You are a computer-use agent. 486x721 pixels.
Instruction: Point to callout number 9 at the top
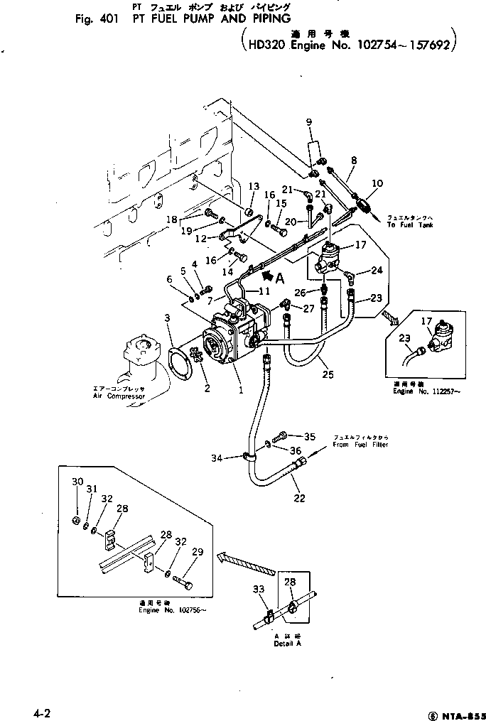[x=309, y=123]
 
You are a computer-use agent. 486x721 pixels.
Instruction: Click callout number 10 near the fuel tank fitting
[x=377, y=183]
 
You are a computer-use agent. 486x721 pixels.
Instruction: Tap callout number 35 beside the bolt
[x=309, y=436]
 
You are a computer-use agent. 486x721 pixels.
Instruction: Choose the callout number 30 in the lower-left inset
[x=77, y=482]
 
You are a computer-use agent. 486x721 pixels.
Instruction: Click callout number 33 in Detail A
[x=257, y=589]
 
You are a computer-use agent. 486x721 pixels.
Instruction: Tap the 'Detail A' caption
[x=288, y=644]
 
